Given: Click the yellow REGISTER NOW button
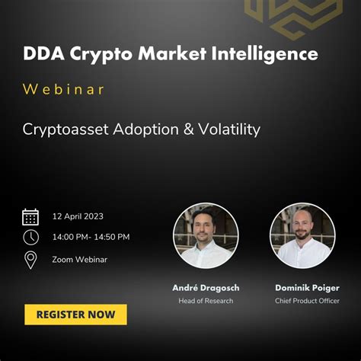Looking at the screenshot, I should pos(75,314).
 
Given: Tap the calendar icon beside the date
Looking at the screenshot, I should pos(30,216).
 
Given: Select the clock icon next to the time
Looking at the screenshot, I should pos(30,237).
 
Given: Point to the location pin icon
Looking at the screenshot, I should pos(30,260).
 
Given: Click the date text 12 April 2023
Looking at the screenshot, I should pos(78,216).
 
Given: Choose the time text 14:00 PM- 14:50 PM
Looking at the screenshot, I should pos(91,237).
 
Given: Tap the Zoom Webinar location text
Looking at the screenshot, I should pos(79,260).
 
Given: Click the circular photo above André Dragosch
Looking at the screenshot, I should pos(206,235).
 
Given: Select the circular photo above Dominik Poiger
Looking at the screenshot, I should pos(302,235).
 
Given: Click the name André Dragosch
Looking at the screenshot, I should pos(206,288).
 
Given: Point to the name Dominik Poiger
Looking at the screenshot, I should pos(302,288).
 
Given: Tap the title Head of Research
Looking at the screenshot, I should pos(206,301).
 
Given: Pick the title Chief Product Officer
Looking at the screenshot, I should pos(302,301).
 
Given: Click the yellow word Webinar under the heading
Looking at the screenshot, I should pos(64,90).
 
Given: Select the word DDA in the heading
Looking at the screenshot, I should pos(43,55).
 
